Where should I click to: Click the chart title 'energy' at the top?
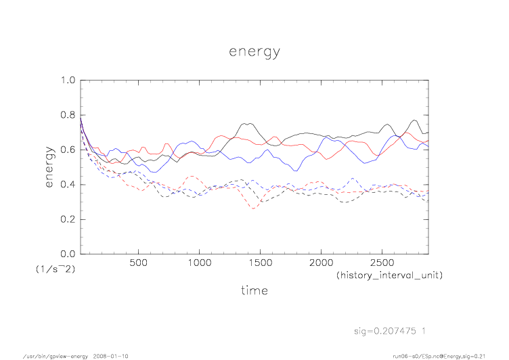(x=254, y=53)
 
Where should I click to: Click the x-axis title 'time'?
(x=254, y=290)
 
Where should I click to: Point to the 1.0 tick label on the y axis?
(x=68, y=80)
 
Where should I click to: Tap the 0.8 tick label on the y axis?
(x=68, y=115)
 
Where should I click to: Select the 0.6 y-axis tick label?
(x=68, y=150)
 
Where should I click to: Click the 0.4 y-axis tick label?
(x=68, y=185)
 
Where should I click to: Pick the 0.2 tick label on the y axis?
(x=68, y=219)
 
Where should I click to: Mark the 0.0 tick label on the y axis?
(x=68, y=254)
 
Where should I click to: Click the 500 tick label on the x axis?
(x=139, y=263)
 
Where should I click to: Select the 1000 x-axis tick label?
(x=199, y=263)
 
